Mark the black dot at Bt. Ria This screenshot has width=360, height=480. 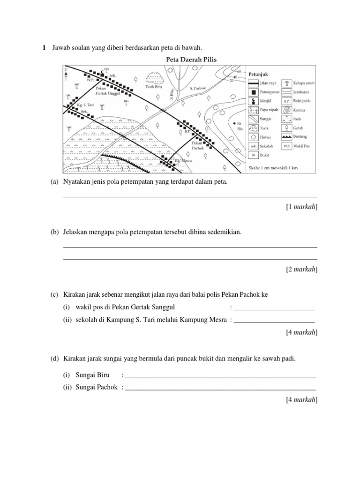pyautogui.click(x=233, y=123)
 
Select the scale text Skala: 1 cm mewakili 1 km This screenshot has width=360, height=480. pyautogui.click(x=273, y=167)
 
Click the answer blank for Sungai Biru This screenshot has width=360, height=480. pyautogui.click(x=220, y=376)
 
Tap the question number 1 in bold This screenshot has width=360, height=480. pyautogui.click(x=44, y=47)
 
